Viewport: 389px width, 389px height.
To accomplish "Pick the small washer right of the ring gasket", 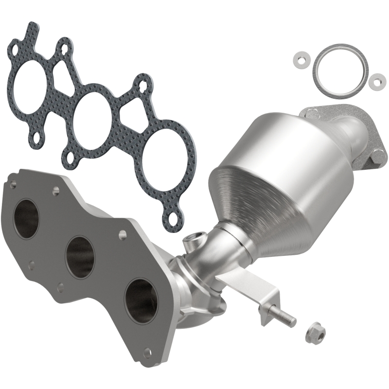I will (375, 81).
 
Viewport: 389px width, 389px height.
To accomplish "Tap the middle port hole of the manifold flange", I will (79, 256).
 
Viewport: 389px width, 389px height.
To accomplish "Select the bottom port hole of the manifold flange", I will (140, 300).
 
